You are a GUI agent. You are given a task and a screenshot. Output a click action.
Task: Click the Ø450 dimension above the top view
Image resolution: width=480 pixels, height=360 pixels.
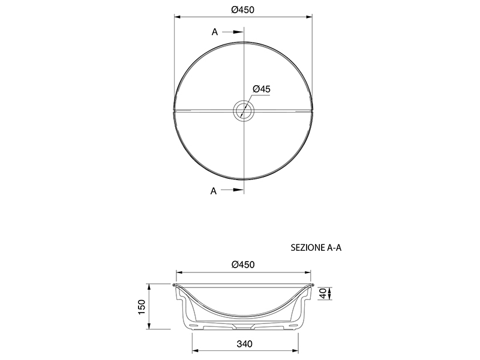(243, 10)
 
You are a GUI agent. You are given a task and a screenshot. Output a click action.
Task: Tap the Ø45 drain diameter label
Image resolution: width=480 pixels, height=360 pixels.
(262, 89)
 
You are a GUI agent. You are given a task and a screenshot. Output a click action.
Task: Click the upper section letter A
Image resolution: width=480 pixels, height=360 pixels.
(215, 32)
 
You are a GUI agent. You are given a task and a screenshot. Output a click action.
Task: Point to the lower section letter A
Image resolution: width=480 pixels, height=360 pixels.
(214, 191)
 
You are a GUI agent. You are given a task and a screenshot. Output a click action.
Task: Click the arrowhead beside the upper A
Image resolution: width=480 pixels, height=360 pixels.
(238, 32)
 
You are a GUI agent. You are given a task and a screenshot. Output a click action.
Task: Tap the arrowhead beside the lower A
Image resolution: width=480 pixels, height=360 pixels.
(238, 190)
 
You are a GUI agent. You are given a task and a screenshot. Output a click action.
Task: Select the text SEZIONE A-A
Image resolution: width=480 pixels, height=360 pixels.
(316, 248)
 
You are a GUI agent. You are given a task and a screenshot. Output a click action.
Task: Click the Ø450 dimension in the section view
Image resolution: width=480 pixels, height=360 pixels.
(243, 265)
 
